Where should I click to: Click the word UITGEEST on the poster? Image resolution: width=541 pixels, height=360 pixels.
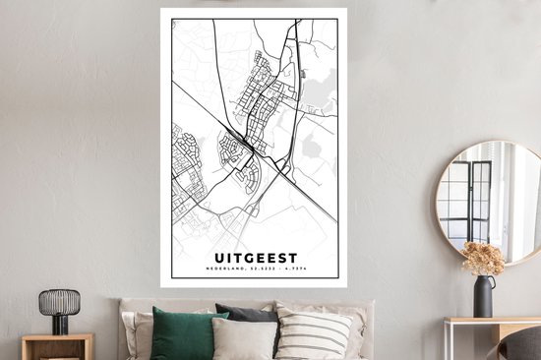click(x=255, y=259)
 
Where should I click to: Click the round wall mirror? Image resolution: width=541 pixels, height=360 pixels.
click(x=489, y=202)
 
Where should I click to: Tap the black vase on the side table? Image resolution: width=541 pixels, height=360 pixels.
click(x=484, y=296)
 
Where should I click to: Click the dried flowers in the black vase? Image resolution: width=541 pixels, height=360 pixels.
click(x=483, y=259)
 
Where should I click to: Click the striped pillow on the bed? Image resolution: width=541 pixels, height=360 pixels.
click(x=313, y=335)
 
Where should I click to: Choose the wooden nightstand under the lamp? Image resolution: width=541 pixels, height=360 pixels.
click(x=57, y=346)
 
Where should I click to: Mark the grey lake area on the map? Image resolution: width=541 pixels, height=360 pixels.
click(x=315, y=98)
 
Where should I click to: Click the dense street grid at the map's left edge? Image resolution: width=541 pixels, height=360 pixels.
click(x=186, y=167)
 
